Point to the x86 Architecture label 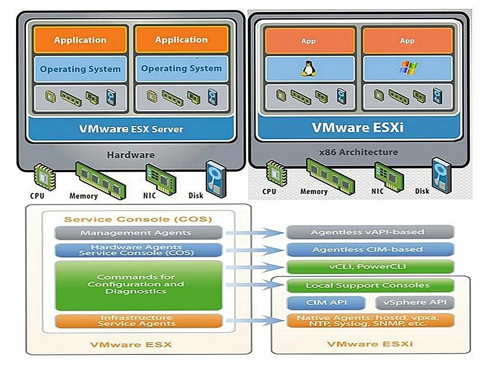359,153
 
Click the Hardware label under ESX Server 130,155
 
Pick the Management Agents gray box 136,232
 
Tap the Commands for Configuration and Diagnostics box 136,285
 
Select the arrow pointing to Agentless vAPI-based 254,233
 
